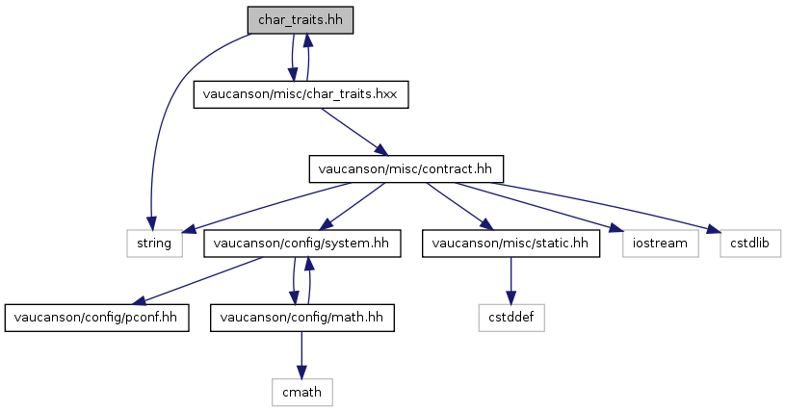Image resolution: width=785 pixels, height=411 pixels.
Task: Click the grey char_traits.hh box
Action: click(301, 20)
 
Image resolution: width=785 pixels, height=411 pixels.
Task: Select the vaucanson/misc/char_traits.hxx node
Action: click(301, 94)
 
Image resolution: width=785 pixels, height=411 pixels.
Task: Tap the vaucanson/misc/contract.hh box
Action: click(406, 169)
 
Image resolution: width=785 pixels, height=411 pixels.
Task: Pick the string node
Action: click(154, 244)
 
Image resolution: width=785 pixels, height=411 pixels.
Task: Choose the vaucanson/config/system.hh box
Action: click(301, 244)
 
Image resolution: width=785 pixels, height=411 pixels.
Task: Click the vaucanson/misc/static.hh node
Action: click(510, 244)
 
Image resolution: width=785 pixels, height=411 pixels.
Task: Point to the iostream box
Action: click(661, 244)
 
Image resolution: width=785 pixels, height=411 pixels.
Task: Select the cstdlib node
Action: click(750, 244)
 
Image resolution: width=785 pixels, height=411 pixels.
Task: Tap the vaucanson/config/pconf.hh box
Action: click(96, 318)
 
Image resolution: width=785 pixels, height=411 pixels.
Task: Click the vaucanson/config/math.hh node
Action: click(301, 318)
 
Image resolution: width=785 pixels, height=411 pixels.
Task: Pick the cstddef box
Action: click(511, 318)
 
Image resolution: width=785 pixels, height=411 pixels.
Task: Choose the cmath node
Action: click(301, 392)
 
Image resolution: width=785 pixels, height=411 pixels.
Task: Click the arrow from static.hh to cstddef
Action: click(510, 280)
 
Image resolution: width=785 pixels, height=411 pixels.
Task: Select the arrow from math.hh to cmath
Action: click(301, 355)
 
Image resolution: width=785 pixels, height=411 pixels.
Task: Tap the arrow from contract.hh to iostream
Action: click(538, 206)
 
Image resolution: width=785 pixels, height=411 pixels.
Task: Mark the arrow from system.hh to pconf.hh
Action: click(196, 280)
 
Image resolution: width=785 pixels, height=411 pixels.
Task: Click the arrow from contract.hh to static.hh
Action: click(459, 206)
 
